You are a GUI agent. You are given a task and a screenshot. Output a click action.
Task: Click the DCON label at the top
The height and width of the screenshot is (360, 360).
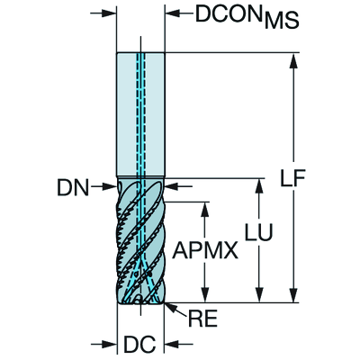pos(229,13)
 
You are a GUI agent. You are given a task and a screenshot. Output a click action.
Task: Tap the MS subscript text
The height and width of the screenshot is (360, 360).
pos(282,21)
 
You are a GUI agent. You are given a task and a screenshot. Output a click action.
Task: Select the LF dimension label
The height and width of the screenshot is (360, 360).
pos(292,178)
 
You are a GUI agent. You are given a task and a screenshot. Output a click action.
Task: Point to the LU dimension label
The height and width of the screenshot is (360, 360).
pos(258,232)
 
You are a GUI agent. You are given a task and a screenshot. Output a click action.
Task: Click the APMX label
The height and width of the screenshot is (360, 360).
pos(205,250)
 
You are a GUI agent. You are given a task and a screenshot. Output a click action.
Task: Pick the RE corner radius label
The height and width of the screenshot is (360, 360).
pos(202,318)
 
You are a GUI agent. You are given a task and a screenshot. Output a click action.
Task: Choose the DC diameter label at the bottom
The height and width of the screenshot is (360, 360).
pos(139,344)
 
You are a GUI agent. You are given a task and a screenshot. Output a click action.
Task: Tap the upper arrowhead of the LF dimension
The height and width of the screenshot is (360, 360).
pos(293,60)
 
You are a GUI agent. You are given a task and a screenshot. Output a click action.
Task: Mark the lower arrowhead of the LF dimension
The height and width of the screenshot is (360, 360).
pos(293,295)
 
